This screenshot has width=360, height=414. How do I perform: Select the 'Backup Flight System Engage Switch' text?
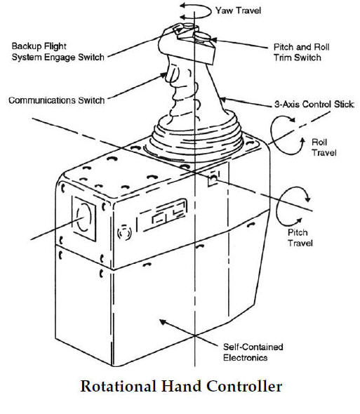tap(58, 52)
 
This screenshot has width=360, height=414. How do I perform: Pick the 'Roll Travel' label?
tap(325, 147)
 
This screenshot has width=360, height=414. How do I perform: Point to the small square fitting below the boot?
tap(213, 179)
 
